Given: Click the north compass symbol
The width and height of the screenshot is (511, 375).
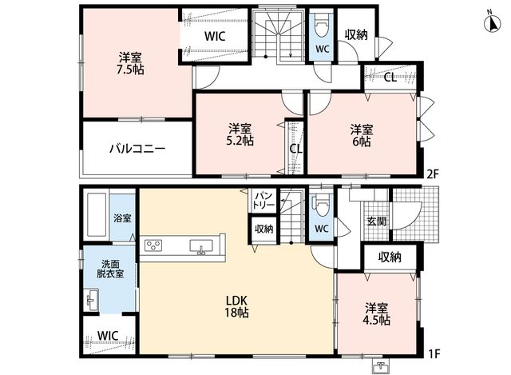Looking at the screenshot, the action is (x=492, y=23).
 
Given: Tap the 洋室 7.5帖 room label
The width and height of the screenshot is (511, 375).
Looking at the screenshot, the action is (x=130, y=64).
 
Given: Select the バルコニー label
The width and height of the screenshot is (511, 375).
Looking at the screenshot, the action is (x=137, y=150).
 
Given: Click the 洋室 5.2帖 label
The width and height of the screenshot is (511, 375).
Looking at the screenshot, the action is (x=240, y=134).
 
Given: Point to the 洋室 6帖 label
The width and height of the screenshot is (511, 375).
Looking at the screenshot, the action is (x=362, y=136).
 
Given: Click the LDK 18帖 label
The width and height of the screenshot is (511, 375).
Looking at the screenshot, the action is (x=236, y=306).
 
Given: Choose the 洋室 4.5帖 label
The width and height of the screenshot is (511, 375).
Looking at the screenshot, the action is (x=376, y=314).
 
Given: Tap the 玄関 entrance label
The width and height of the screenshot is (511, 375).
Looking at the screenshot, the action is (x=376, y=221).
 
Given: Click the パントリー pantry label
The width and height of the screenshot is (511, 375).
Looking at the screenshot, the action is (x=264, y=200).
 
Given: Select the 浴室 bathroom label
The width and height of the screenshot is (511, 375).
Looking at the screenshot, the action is (x=122, y=218).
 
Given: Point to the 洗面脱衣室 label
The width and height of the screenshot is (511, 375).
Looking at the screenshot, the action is (x=110, y=269).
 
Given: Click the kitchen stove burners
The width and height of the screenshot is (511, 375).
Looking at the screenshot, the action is (x=153, y=245).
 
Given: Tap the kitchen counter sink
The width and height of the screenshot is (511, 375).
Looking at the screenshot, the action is (x=201, y=246).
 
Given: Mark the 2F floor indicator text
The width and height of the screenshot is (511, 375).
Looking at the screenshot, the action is (x=433, y=174).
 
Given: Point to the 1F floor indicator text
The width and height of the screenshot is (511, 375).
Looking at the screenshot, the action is (x=434, y=353).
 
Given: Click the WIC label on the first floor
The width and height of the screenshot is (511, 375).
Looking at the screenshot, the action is (x=108, y=335).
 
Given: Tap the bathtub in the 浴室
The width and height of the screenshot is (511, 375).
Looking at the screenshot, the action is (x=96, y=215).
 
